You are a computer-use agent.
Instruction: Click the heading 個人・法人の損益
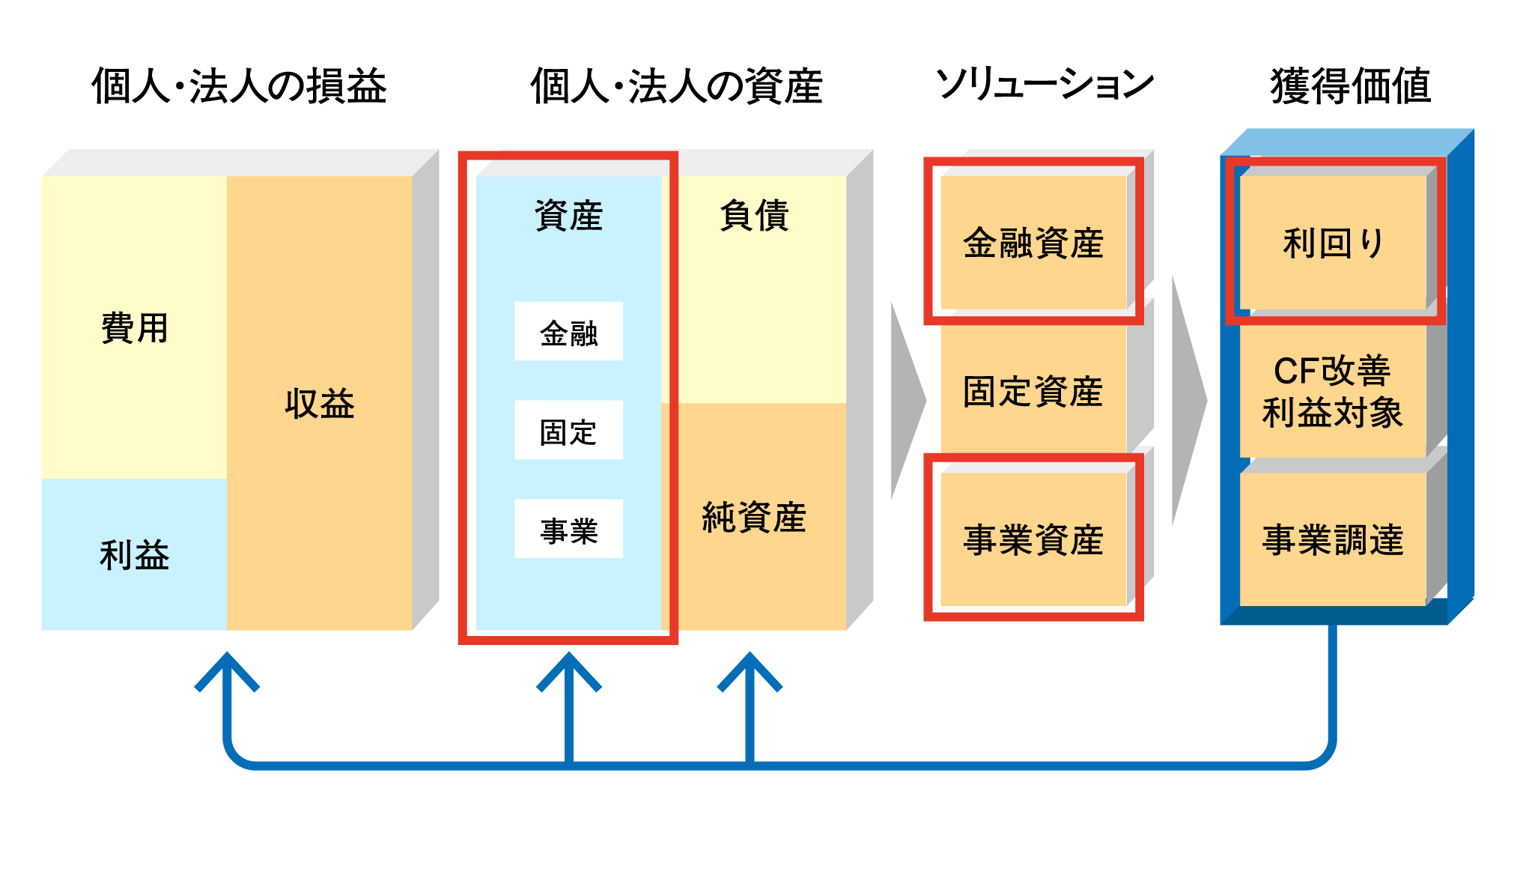tap(239, 85)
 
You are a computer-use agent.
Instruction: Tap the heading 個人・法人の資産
tap(676, 85)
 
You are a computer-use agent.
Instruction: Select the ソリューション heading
tap(1045, 84)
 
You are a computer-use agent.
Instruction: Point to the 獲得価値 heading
tap(1350, 85)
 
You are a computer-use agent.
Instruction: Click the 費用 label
tap(135, 328)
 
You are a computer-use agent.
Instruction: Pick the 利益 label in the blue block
tap(135, 555)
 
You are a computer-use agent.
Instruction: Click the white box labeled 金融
tap(568, 332)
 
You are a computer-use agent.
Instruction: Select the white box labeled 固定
tap(568, 431)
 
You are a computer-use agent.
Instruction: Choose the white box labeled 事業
tap(568, 530)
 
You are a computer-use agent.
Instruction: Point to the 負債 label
tap(754, 216)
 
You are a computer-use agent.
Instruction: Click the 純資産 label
tap(754, 518)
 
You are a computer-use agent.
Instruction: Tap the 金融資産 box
tap(1033, 243)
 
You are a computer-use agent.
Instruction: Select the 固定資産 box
tap(1033, 391)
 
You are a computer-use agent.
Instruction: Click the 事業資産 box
tap(1033, 539)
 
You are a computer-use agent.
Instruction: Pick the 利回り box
tap(1333, 243)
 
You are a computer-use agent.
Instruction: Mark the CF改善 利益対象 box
tap(1333, 391)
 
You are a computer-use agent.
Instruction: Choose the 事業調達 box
tap(1333, 539)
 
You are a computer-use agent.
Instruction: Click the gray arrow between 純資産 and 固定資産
tap(907, 401)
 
